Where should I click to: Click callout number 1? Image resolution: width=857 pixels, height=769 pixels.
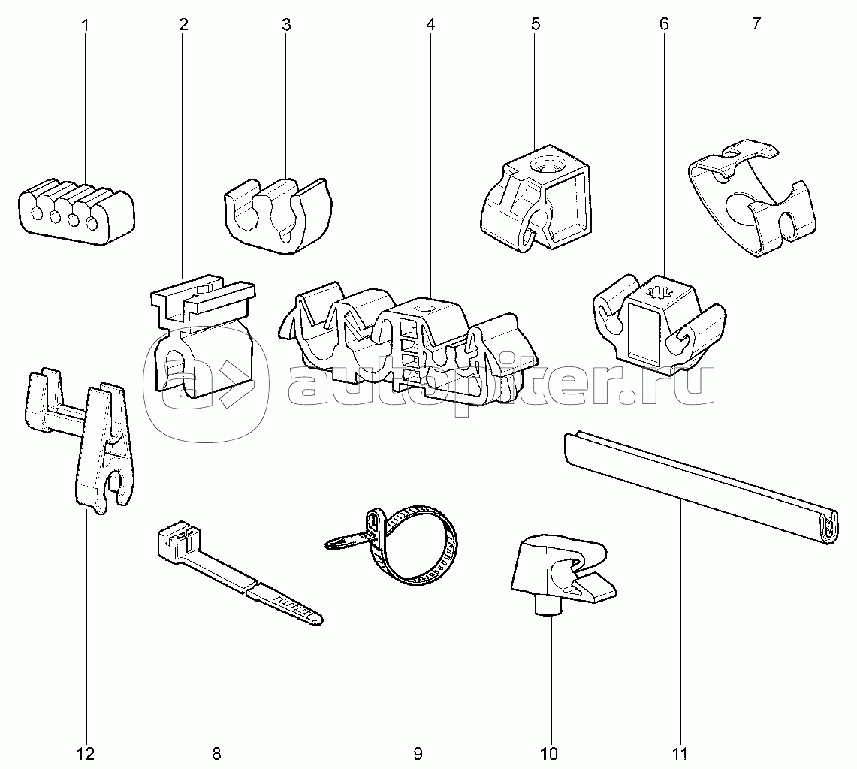[x=85, y=24]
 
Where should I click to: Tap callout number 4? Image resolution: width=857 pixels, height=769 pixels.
[x=430, y=24]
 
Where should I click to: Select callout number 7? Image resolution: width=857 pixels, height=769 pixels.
[x=756, y=24]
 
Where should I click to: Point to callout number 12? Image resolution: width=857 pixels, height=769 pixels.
[x=86, y=753]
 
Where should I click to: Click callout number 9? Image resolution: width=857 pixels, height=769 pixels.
[x=418, y=753]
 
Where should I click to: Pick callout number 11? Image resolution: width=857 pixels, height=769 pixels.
[x=680, y=753]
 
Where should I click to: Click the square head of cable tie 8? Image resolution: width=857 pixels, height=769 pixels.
[x=177, y=539]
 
